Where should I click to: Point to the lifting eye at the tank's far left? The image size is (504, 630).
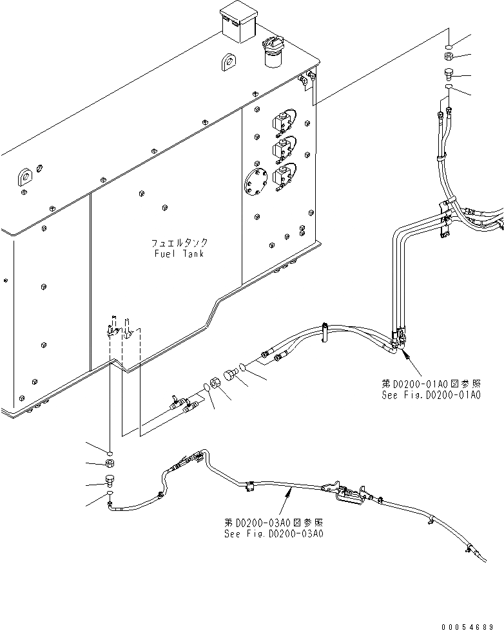[24, 177]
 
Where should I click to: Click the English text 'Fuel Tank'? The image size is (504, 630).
[179, 254]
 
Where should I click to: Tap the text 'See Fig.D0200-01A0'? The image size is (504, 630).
[440, 394]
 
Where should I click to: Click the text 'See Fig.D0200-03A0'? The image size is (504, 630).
[273, 533]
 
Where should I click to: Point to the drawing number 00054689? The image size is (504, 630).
[472, 625]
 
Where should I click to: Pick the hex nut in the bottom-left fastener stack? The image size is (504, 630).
[110, 463]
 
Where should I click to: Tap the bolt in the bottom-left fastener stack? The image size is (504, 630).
[110, 479]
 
